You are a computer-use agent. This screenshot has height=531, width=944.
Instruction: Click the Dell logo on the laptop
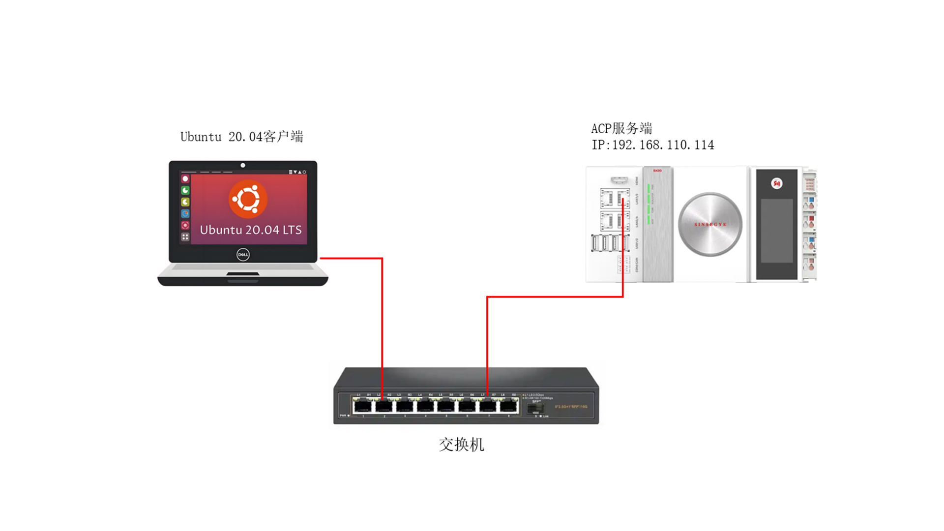coord(243,254)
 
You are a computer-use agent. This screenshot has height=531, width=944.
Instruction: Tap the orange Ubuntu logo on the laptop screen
coord(248,199)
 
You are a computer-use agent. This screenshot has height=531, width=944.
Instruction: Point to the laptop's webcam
coord(243,165)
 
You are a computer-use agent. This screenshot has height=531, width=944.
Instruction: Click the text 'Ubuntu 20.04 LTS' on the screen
coord(251,230)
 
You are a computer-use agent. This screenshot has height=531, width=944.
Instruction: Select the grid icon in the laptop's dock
coord(185,237)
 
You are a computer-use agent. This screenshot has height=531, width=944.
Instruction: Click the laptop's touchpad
coord(243,273)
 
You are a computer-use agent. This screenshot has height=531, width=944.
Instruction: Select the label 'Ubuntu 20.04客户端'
coord(241,137)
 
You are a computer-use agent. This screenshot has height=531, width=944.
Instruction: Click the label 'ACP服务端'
coord(621,129)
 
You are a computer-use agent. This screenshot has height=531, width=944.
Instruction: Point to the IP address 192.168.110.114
coord(652,145)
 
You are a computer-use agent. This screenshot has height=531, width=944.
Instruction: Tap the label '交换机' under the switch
coord(461,444)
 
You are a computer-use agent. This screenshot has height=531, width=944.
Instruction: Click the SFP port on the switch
coord(535,408)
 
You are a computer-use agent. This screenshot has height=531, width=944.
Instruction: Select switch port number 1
coord(362,406)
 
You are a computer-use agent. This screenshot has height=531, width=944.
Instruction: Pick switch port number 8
coord(508,406)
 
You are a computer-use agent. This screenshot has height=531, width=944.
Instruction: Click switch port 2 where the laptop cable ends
coord(383,406)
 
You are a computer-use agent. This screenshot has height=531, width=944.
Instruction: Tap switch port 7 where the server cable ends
coord(487,406)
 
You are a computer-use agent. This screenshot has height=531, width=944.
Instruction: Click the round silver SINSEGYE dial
coord(710,224)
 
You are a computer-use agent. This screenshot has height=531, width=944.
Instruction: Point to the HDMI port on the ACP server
coord(619,180)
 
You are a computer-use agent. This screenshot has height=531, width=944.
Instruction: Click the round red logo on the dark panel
coord(777,183)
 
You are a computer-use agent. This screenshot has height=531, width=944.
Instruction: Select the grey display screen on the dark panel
coord(777,231)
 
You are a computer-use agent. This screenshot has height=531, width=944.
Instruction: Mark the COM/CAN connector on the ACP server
coord(623,265)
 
